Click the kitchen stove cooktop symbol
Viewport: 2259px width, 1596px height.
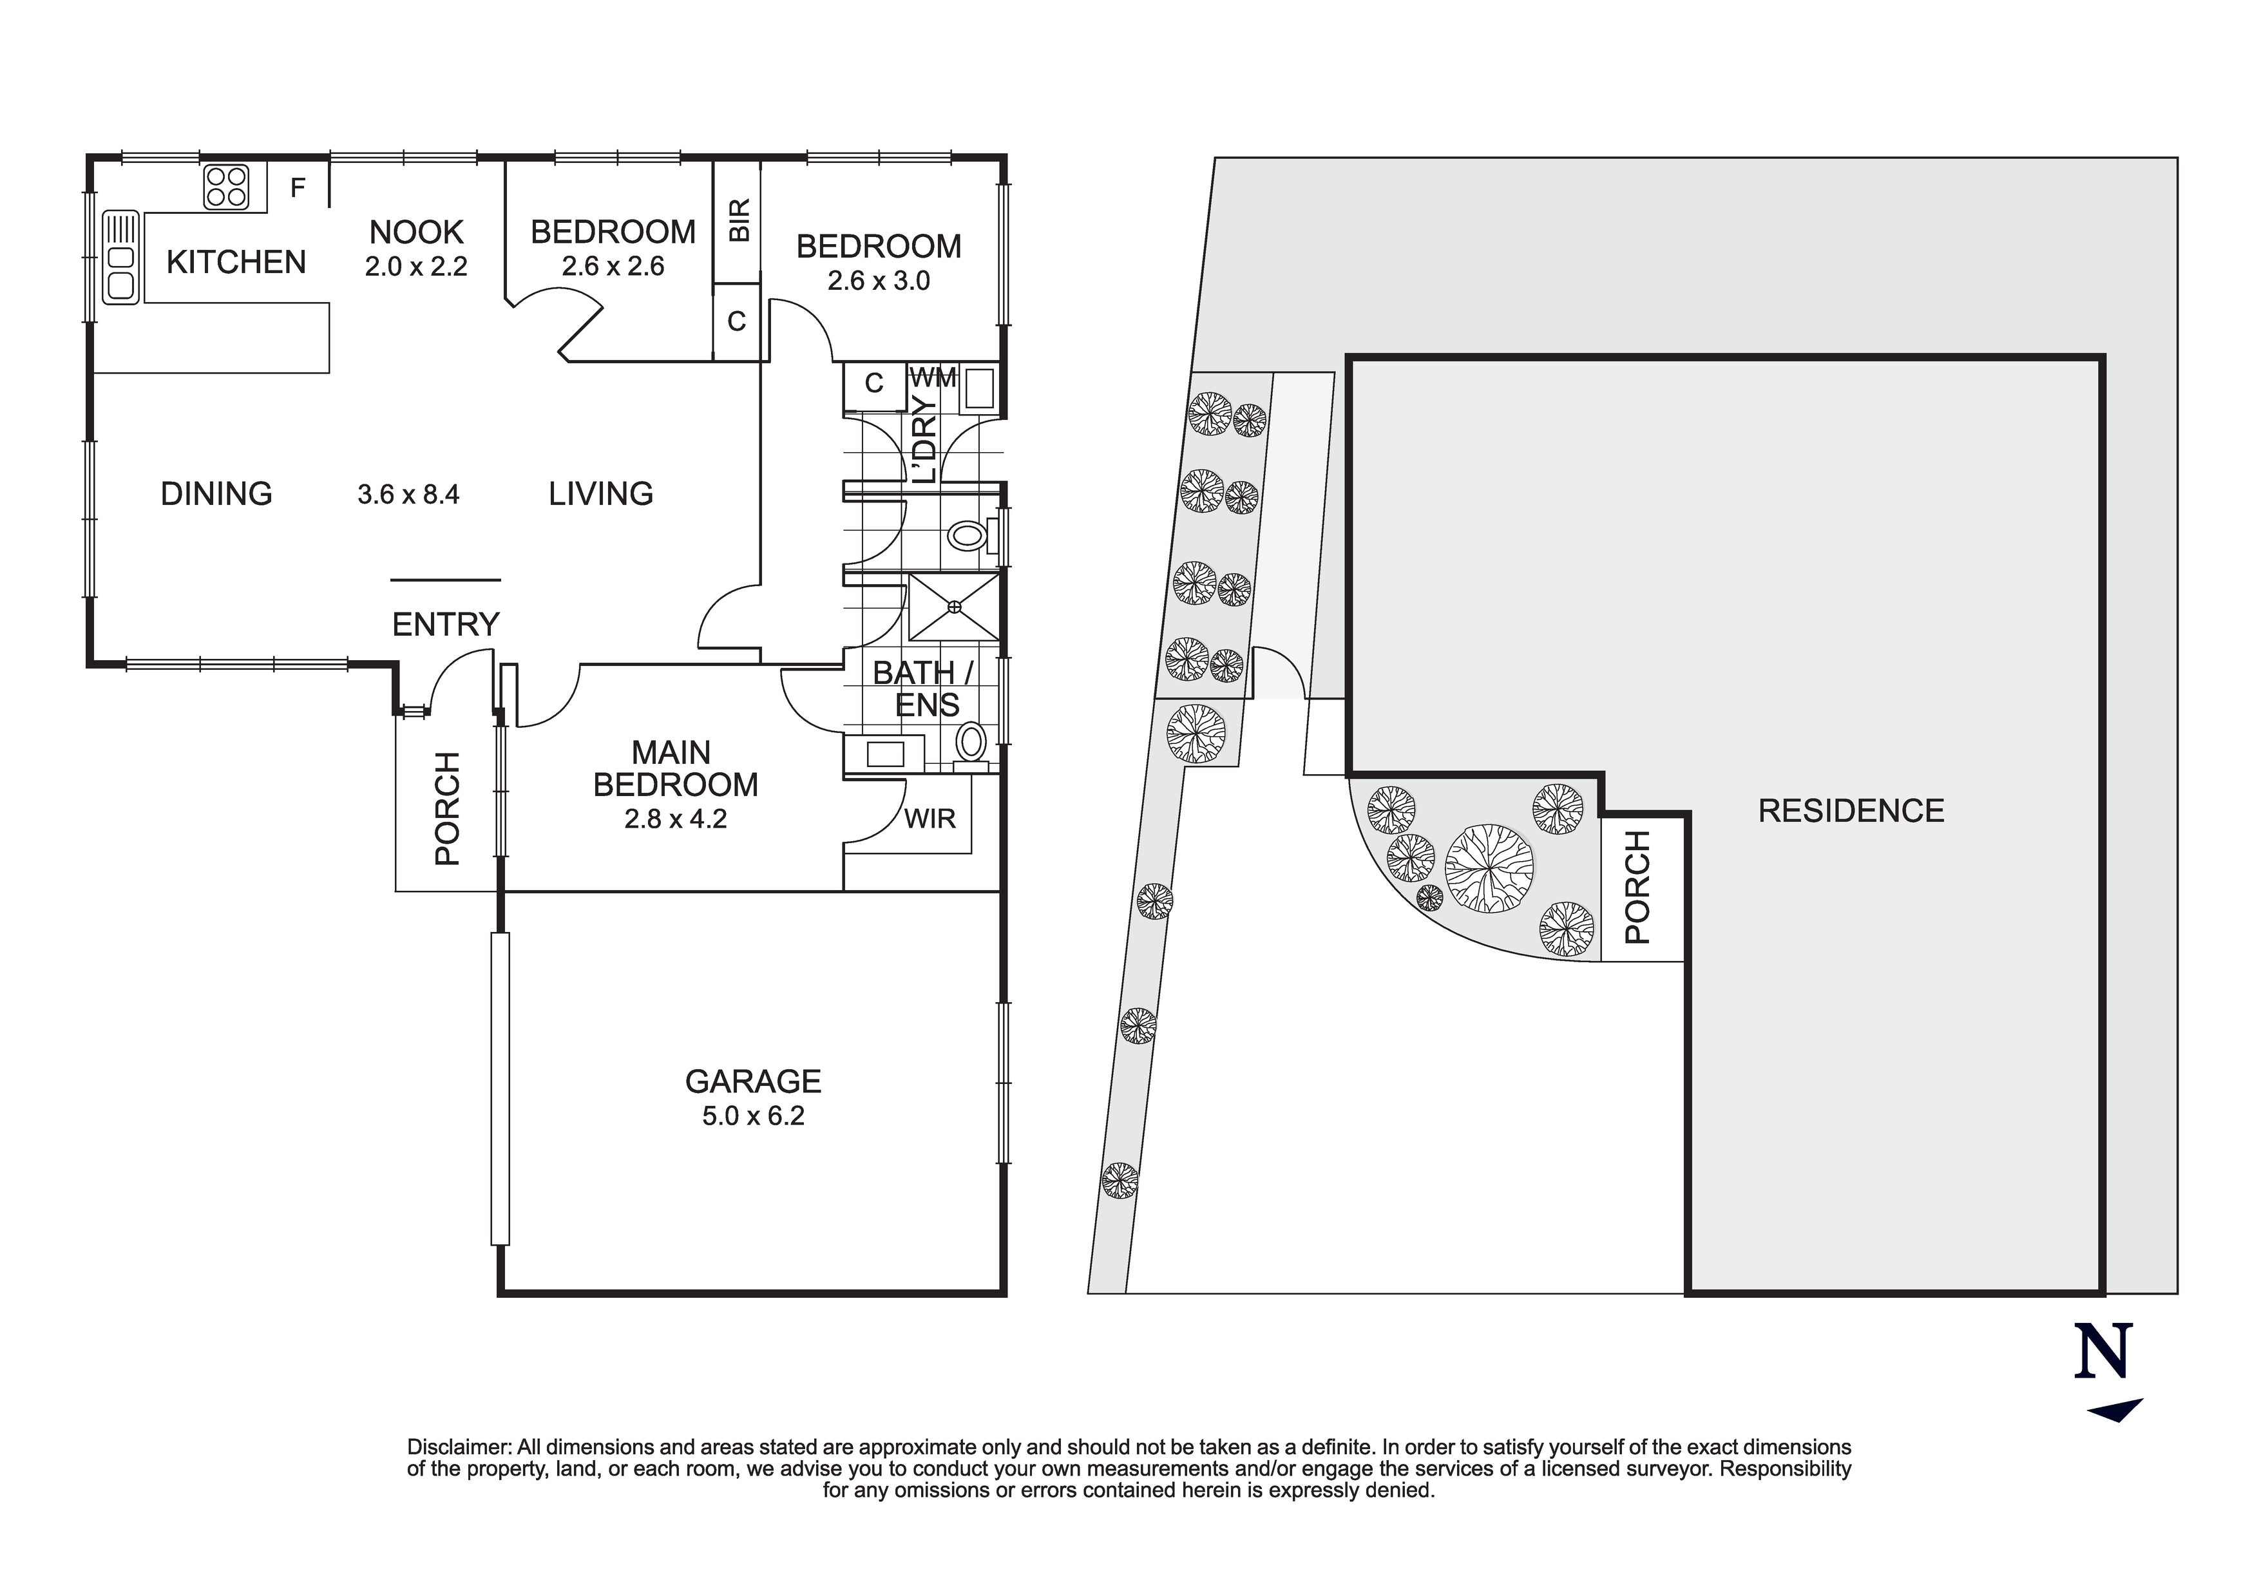coord(226,187)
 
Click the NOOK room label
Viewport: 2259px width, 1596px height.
coord(416,233)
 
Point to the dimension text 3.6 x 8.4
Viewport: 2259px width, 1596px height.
coord(408,494)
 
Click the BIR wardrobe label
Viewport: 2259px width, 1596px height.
coord(739,220)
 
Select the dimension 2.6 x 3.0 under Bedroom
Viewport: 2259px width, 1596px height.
coord(879,281)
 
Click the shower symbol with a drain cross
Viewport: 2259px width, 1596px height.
coord(953,607)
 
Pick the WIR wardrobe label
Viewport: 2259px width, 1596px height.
coord(929,818)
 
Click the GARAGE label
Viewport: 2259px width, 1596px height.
coord(752,1081)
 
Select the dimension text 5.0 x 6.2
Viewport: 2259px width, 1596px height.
coord(752,1116)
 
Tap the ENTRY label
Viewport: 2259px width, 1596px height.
coord(446,624)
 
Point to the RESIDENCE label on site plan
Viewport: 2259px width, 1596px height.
coord(1851,811)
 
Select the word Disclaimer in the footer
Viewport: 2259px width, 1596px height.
coord(459,1447)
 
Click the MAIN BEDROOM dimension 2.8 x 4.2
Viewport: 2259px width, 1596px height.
coord(675,819)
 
